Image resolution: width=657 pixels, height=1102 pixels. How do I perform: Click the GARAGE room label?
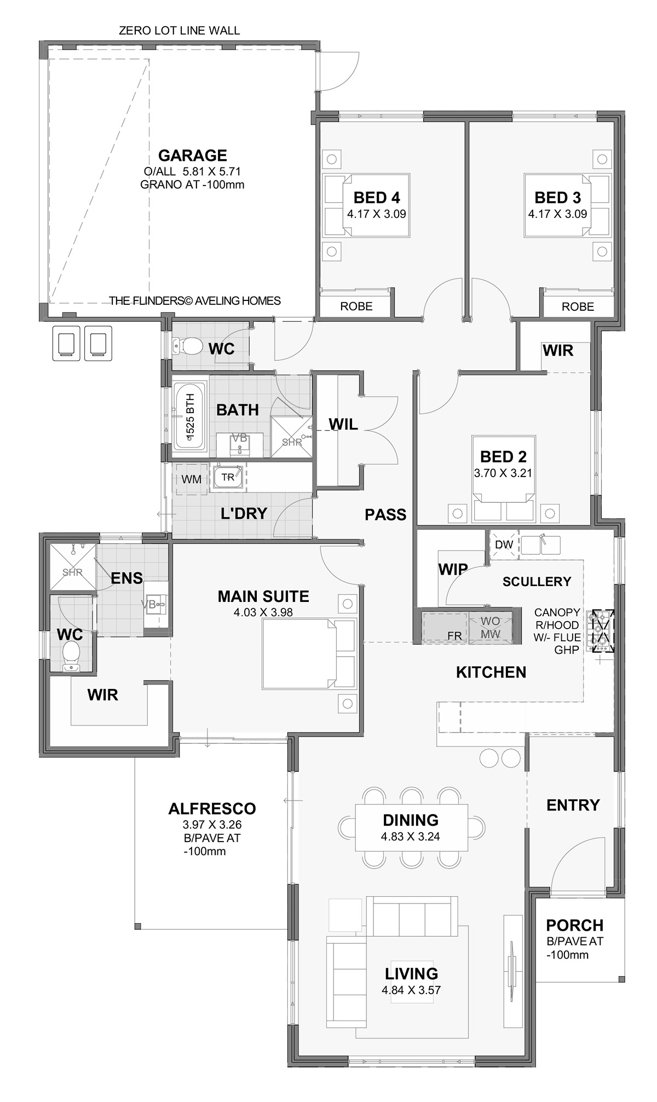pos(192,155)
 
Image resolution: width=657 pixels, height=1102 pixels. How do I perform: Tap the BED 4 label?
pos(377,197)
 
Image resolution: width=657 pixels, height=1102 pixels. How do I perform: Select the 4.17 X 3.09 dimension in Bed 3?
pos(557,214)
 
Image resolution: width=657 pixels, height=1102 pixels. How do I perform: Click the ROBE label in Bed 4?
pos(356,306)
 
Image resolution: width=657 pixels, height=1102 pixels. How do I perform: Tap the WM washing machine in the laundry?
pos(191,479)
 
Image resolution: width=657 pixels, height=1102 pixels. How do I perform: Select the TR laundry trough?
pos(228,477)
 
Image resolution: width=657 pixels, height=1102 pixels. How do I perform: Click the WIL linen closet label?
pos(343,424)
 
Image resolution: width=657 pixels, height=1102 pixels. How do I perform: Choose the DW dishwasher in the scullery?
pos(503,544)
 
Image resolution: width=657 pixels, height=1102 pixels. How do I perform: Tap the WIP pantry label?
pos(453,570)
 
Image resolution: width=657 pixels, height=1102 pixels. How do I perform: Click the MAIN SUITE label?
pos(263,596)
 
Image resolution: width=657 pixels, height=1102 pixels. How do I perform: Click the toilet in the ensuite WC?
pos(71,657)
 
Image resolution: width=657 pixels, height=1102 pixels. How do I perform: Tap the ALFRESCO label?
pos(212,808)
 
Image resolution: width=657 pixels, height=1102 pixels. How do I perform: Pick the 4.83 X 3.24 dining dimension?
pos(411,837)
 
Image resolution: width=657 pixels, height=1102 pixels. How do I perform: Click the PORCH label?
pos(575,925)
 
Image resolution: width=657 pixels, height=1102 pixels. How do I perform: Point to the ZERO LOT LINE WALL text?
pos(180,31)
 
